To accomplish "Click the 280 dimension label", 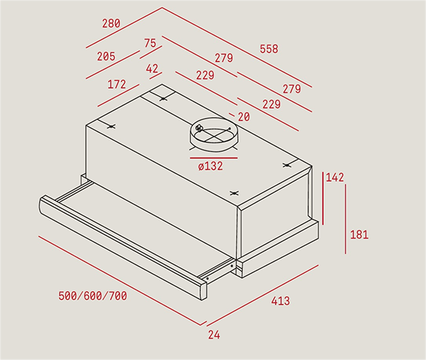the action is [x=111, y=23].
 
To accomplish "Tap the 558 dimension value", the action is [x=269, y=49].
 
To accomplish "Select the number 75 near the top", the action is [x=151, y=43].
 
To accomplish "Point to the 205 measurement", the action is [x=106, y=56].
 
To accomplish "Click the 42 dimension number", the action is [x=152, y=68].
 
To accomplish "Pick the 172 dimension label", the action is [x=117, y=84].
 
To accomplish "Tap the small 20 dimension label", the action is [x=244, y=117].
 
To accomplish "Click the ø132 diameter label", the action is [x=211, y=166].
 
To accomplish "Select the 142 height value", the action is [x=334, y=178].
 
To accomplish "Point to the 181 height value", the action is [x=359, y=235].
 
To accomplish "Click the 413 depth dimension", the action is [x=280, y=301].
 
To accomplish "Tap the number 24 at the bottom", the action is [x=214, y=334].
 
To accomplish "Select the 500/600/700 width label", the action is [x=92, y=296].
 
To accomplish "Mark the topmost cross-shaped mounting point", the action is [x=163, y=99].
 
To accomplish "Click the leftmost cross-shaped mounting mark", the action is [x=111, y=126].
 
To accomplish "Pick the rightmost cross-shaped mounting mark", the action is [x=286, y=165].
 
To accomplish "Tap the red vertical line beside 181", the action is [x=346, y=219].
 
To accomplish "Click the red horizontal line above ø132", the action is [x=214, y=158].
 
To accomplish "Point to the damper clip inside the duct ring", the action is [x=200, y=128].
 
